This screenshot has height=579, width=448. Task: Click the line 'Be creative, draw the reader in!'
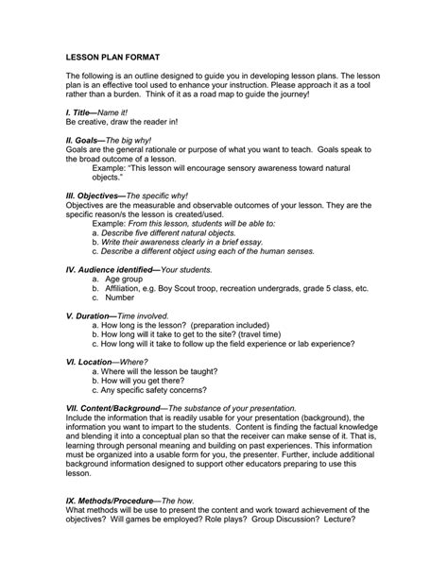pyautogui.click(x=121, y=122)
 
